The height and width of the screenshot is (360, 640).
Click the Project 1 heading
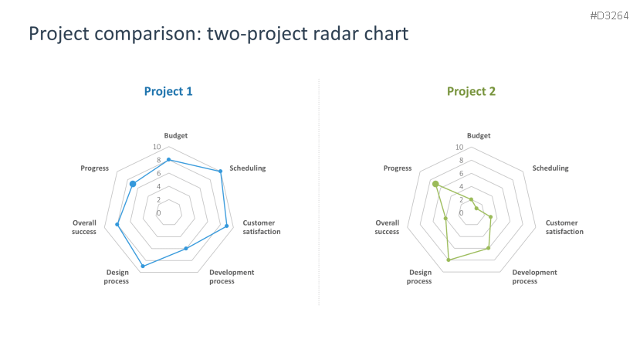tap(168, 91)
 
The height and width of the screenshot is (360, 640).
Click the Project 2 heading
tap(471, 91)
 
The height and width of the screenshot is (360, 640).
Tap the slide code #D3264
tap(609, 16)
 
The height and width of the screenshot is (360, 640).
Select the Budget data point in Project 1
tap(168, 160)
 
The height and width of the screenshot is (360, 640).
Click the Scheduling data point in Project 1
tap(220, 172)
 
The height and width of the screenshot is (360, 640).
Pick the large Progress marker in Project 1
tap(133, 185)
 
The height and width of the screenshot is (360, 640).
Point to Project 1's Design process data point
tap(143, 266)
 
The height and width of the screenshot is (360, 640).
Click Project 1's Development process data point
tap(186, 249)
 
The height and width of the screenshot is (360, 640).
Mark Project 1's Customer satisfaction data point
tap(226, 226)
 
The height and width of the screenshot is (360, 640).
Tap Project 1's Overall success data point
tap(117, 224)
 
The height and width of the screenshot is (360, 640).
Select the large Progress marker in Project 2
tap(435, 185)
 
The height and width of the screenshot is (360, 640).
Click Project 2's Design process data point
tap(449, 260)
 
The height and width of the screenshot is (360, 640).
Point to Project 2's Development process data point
tap(488, 248)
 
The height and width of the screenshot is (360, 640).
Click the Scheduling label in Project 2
tap(550, 168)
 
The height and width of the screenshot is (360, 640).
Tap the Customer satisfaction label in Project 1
tap(262, 227)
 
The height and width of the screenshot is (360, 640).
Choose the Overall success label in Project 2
tap(387, 227)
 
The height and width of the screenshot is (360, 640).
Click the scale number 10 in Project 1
tap(157, 147)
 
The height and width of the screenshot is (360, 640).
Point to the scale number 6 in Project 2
tap(461, 173)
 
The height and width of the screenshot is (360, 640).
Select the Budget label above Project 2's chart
tap(479, 136)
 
